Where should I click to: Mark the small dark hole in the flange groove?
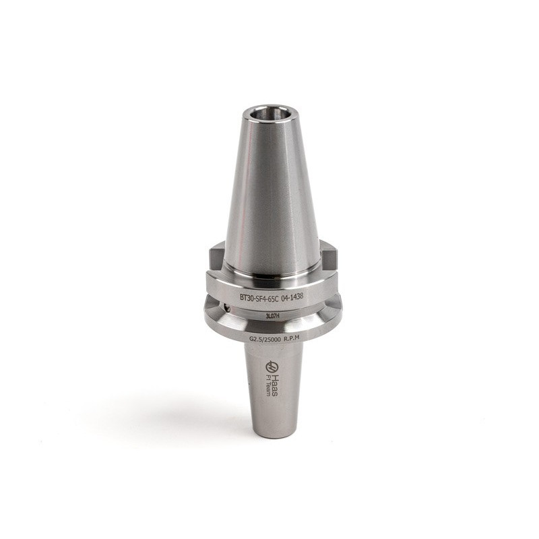click(227, 308)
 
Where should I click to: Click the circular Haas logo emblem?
click(272, 367)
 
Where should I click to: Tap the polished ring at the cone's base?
click(271, 275)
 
